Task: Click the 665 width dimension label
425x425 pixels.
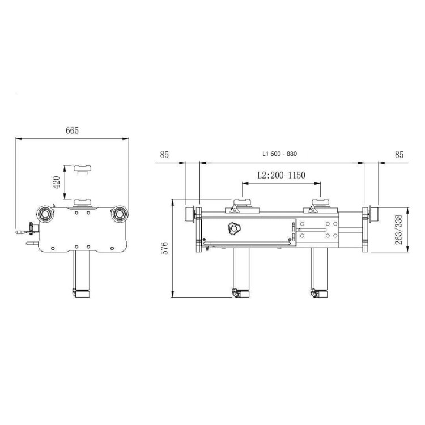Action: coord(72,131)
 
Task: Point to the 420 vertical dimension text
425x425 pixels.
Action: coord(57,182)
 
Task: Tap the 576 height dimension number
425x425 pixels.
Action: coord(164,248)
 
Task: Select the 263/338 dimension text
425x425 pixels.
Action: coord(398,229)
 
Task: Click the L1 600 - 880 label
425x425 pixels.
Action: coord(280,154)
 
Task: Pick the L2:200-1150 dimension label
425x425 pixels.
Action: coord(281,175)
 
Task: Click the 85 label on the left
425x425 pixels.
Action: coord(164,155)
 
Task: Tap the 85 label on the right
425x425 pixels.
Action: coord(399,155)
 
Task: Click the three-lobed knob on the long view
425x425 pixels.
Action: coord(233,228)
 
